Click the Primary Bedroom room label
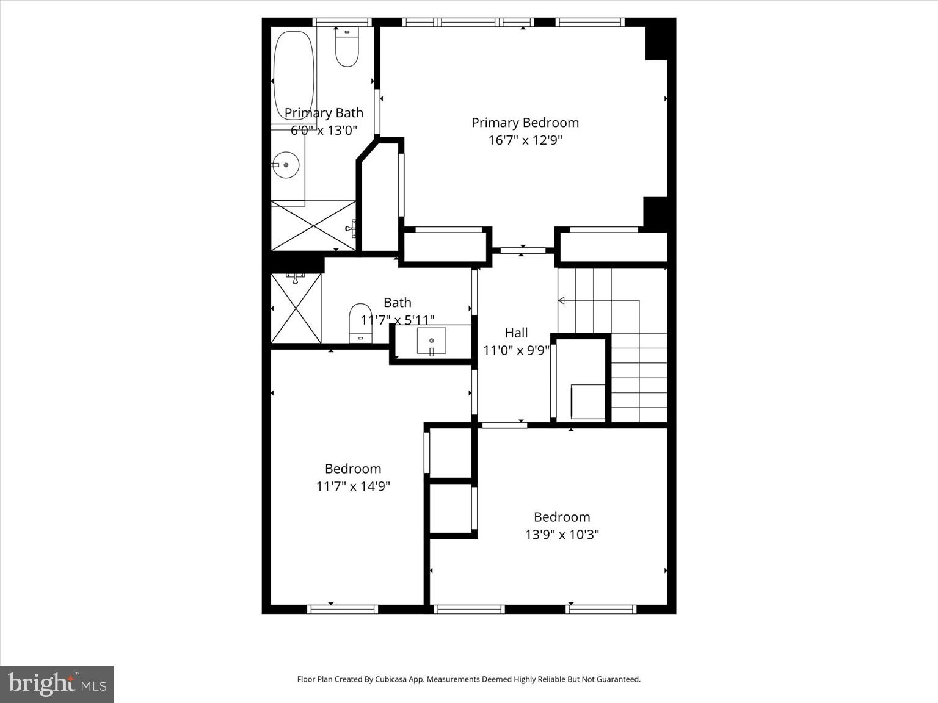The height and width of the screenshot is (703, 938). point(525,123)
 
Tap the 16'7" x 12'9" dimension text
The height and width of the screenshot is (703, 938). point(525,140)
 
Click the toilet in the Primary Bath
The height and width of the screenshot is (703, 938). point(347,49)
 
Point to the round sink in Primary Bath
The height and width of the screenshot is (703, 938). point(285,165)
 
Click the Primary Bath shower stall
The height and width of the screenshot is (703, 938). point(313,226)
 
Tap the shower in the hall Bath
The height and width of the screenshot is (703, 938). point(296,308)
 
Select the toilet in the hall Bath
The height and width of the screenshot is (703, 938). point(360,322)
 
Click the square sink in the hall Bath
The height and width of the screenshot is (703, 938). point(431,341)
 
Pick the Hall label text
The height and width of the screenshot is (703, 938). point(516,333)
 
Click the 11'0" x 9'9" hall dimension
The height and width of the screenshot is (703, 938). point(516,351)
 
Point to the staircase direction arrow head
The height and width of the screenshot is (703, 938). point(561,300)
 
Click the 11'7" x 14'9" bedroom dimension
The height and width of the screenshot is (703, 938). point(353,486)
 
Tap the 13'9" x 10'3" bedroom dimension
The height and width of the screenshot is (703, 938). point(562,535)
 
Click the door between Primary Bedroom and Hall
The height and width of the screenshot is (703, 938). point(523,250)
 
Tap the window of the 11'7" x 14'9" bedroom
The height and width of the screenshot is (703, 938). point(343,608)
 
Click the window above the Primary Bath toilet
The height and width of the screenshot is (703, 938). point(343,23)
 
